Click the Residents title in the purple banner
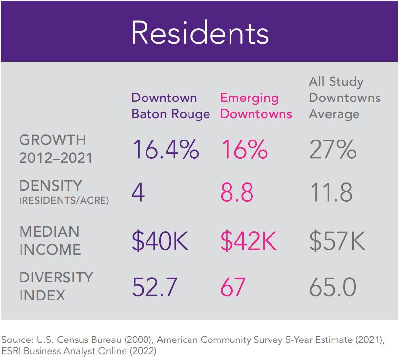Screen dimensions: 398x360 coord(200,33)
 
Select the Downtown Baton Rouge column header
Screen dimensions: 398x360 coord(170,106)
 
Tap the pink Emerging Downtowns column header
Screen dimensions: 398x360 coord(256,106)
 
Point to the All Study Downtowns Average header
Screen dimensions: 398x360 coord(345,98)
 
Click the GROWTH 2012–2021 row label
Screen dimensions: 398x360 coord(56,149)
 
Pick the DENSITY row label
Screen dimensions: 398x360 coord(50,186)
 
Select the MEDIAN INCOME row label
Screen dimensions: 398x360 coord(50,240)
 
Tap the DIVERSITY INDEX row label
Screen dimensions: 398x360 coord(56,286)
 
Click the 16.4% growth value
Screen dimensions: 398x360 coord(166,149)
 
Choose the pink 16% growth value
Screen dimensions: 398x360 coord(244,149)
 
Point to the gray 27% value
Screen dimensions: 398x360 coord(333,149)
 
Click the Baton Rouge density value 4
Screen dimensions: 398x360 coord(138,192)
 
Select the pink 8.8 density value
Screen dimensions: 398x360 coord(237,192)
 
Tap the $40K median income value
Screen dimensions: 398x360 coord(160,241)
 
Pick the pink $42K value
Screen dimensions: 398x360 coord(249,241)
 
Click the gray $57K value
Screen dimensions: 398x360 coord(337,241)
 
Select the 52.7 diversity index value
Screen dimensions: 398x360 coord(155,287)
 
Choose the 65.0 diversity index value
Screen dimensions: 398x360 coord(333,287)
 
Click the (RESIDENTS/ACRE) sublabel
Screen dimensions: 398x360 coord(64,200)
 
